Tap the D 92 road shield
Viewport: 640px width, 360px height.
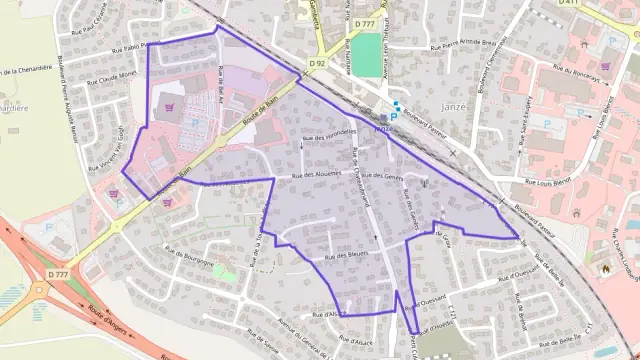pyautogui.click(x=317, y=63)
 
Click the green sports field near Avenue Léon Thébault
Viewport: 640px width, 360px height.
pyautogui.click(x=366, y=56)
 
